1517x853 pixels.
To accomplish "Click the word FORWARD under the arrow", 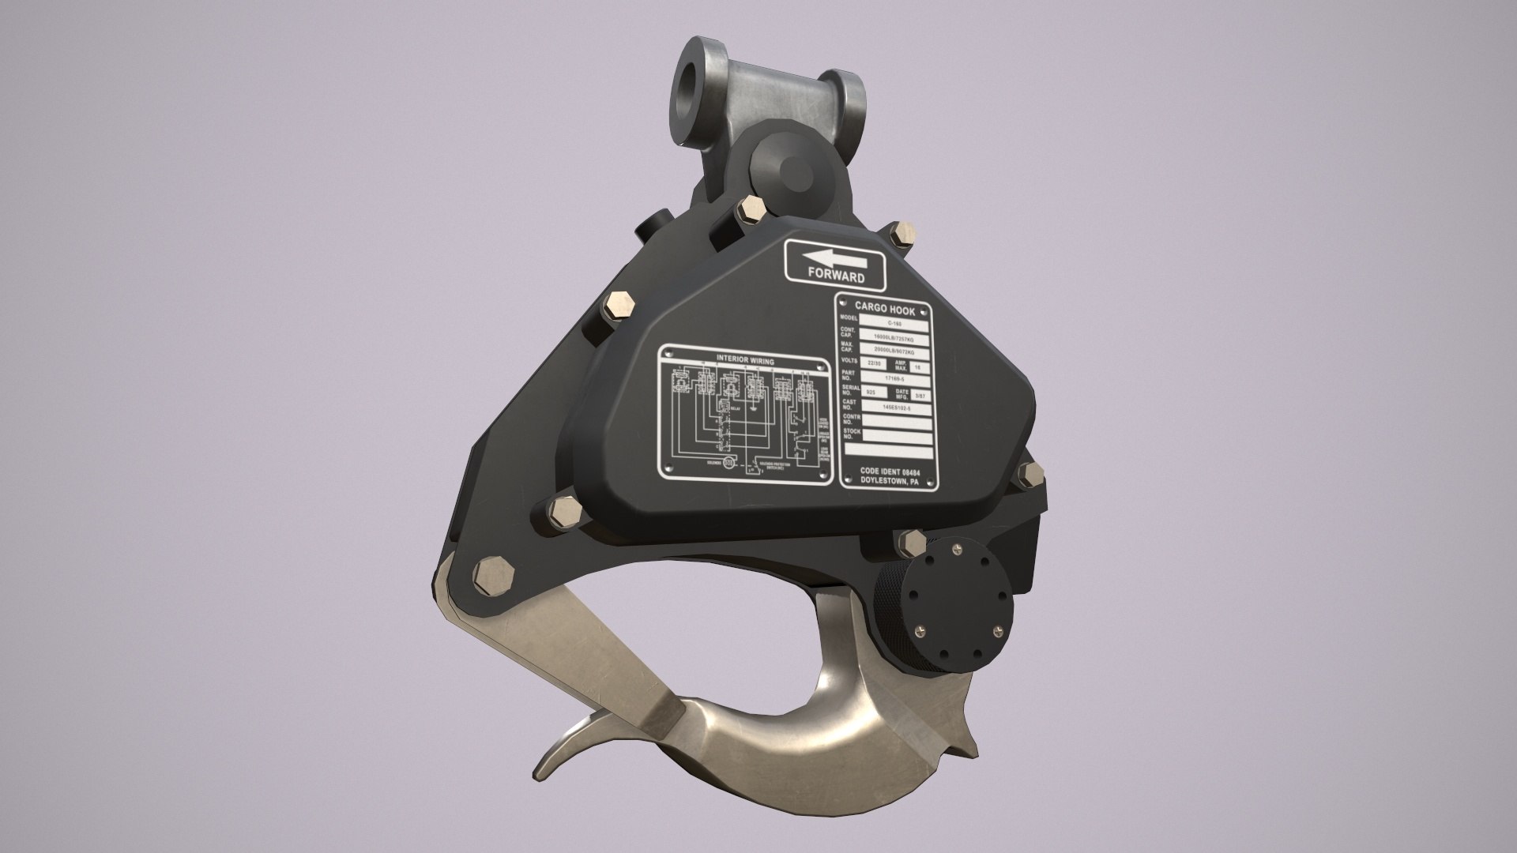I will pyautogui.click(x=836, y=277).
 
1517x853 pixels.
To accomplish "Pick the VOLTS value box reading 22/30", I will pyautogui.click(x=872, y=363).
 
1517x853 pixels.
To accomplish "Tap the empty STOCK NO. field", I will pyautogui.click(x=897, y=435).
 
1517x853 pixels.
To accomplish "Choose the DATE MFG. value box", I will pyautogui.click(x=919, y=393).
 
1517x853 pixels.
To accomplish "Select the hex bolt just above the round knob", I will pyautogui.click(x=911, y=543).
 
